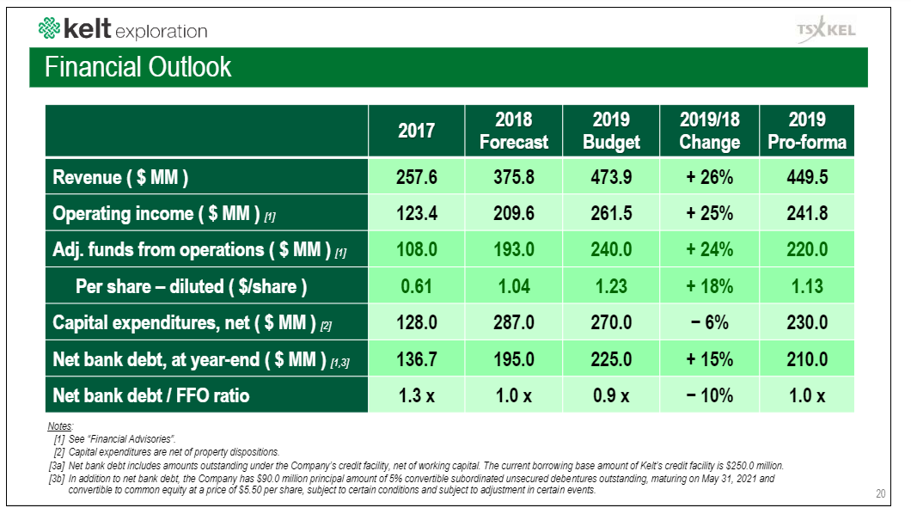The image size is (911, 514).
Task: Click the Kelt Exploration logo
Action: coord(123,29)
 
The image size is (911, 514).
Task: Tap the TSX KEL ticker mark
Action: coord(826,29)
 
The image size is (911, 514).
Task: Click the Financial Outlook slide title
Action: coord(138,67)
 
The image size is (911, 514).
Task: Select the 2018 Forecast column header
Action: coord(513,131)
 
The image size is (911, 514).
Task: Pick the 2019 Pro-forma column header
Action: coord(806,131)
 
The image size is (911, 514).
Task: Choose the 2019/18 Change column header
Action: coord(709,131)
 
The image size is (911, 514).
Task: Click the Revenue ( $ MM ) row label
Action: coord(120,177)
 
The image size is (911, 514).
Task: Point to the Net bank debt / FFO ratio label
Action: coord(150,395)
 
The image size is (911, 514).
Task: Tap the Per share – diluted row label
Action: coord(191,286)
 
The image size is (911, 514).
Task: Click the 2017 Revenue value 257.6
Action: coord(416,177)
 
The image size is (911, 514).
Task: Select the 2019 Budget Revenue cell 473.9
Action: coord(611,177)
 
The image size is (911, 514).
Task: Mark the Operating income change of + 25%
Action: coord(709,213)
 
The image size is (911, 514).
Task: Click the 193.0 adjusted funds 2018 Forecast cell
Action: coord(513,250)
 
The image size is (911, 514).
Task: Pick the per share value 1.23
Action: coord(611,286)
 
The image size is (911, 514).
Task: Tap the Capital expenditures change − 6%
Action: coord(709,322)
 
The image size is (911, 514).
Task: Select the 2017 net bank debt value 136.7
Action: coord(416,359)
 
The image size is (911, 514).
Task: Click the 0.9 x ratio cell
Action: coord(611,395)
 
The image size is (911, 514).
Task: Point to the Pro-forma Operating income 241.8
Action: coord(806,213)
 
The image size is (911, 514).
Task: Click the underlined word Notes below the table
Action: coord(60,427)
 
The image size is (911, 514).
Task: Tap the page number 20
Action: coord(880,493)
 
